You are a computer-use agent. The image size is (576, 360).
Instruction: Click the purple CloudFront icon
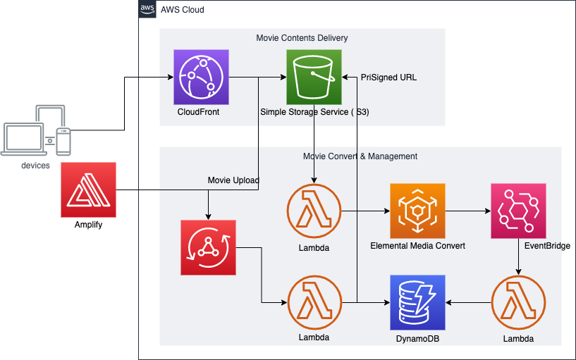pyautogui.click(x=202, y=77)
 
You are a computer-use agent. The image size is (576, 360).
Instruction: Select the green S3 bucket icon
pyautogui.click(x=314, y=77)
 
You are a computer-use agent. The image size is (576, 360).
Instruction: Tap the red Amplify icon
pyautogui.click(x=88, y=190)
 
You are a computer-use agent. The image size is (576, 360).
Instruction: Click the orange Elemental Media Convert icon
pyautogui.click(x=417, y=211)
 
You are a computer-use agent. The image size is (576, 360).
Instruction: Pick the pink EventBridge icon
pyautogui.click(x=518, y=211)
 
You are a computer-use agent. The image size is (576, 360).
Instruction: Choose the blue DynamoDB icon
pyautogui.click(x=417, y=302)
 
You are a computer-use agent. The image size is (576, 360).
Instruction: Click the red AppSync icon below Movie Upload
pyautogui.click(x=208, y=247)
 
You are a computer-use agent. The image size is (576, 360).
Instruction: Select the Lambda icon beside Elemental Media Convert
pyautogui.click(x=314, y=211)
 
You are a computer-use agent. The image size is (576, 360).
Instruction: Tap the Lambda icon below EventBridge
pyautogui.click(x=518, y=302)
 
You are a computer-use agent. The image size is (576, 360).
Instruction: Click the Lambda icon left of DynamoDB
pyautogui.click(x=314, y=302)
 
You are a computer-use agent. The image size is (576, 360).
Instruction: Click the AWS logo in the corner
pyautogui.click(x=147, y=9)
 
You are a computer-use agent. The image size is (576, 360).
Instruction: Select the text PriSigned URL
pyautogui.click(x=388, y=77)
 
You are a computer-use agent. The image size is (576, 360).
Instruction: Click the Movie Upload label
pyautogui.click(x=233, y=180)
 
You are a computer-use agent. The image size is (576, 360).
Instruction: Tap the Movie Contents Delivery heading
pyautogui.click(x=302, y=38)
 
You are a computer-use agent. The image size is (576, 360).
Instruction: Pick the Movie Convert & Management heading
pyautogui.click(x=360, y=156)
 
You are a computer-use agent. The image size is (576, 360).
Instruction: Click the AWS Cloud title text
pyautogui.click(x=183, y=10)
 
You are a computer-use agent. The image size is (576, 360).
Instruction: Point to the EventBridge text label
pyautogui.click(x=547, y=246)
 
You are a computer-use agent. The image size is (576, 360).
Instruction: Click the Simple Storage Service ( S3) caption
pyautogui.click(x=314, y=112)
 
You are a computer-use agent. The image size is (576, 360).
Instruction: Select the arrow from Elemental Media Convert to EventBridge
pyautogui.click(x=467, y=211)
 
